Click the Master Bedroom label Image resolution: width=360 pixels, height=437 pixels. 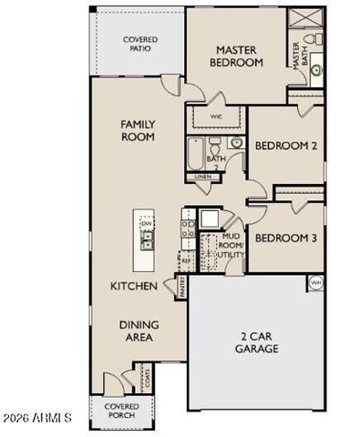(x=240, y=56)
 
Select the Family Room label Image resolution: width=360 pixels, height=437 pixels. (x=138, y=130)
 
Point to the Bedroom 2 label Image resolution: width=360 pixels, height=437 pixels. (x=285, y=146)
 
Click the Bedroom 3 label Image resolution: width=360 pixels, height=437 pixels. (x=285, y=239)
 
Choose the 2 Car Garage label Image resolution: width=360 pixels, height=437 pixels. (x=256, y=342)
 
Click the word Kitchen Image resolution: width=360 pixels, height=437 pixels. (x=135, y=286)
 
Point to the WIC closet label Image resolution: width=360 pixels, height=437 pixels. (x=216, y=117)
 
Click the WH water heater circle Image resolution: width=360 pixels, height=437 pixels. (x=316, y=282)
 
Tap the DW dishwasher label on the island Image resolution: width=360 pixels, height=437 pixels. (x=146, y=223)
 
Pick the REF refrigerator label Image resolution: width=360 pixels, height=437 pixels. (x=186, y=261)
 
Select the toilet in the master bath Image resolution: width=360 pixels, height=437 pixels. (x=309, y=40)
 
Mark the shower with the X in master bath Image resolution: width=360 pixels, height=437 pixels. (x=301, y=17)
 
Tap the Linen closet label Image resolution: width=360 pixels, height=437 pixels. (x=202, y=176)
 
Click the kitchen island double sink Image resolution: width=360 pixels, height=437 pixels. (x=146, y=240)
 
